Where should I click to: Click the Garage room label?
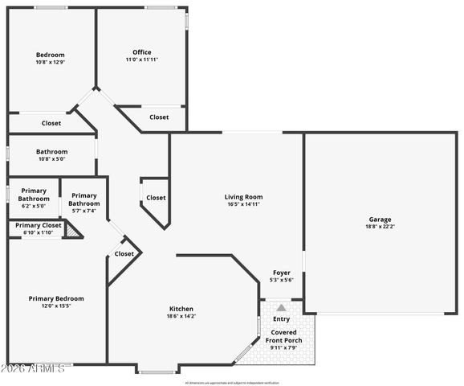[x=381, y=220]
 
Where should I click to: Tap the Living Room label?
[x=243, y=197]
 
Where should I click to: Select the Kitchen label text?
[x=181, y=309]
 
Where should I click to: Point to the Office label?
[x=142, y=52]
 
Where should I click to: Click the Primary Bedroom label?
[x=56, y=298]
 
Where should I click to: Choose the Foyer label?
[x=281, y=273]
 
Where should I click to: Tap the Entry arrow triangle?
[x=281, y=307]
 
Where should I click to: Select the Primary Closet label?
[x=38, y=225]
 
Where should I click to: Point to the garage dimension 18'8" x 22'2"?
[x=381, y=227]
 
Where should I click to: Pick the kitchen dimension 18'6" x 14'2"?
[x=181, y=316]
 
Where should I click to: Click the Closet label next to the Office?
[x=160, y=117]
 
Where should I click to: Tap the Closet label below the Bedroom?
[x=51, y=123]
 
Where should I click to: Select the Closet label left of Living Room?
[x=156, y=198]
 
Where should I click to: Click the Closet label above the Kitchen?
[x=124, y=254]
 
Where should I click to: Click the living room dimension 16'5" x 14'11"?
[x=243, y=204]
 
